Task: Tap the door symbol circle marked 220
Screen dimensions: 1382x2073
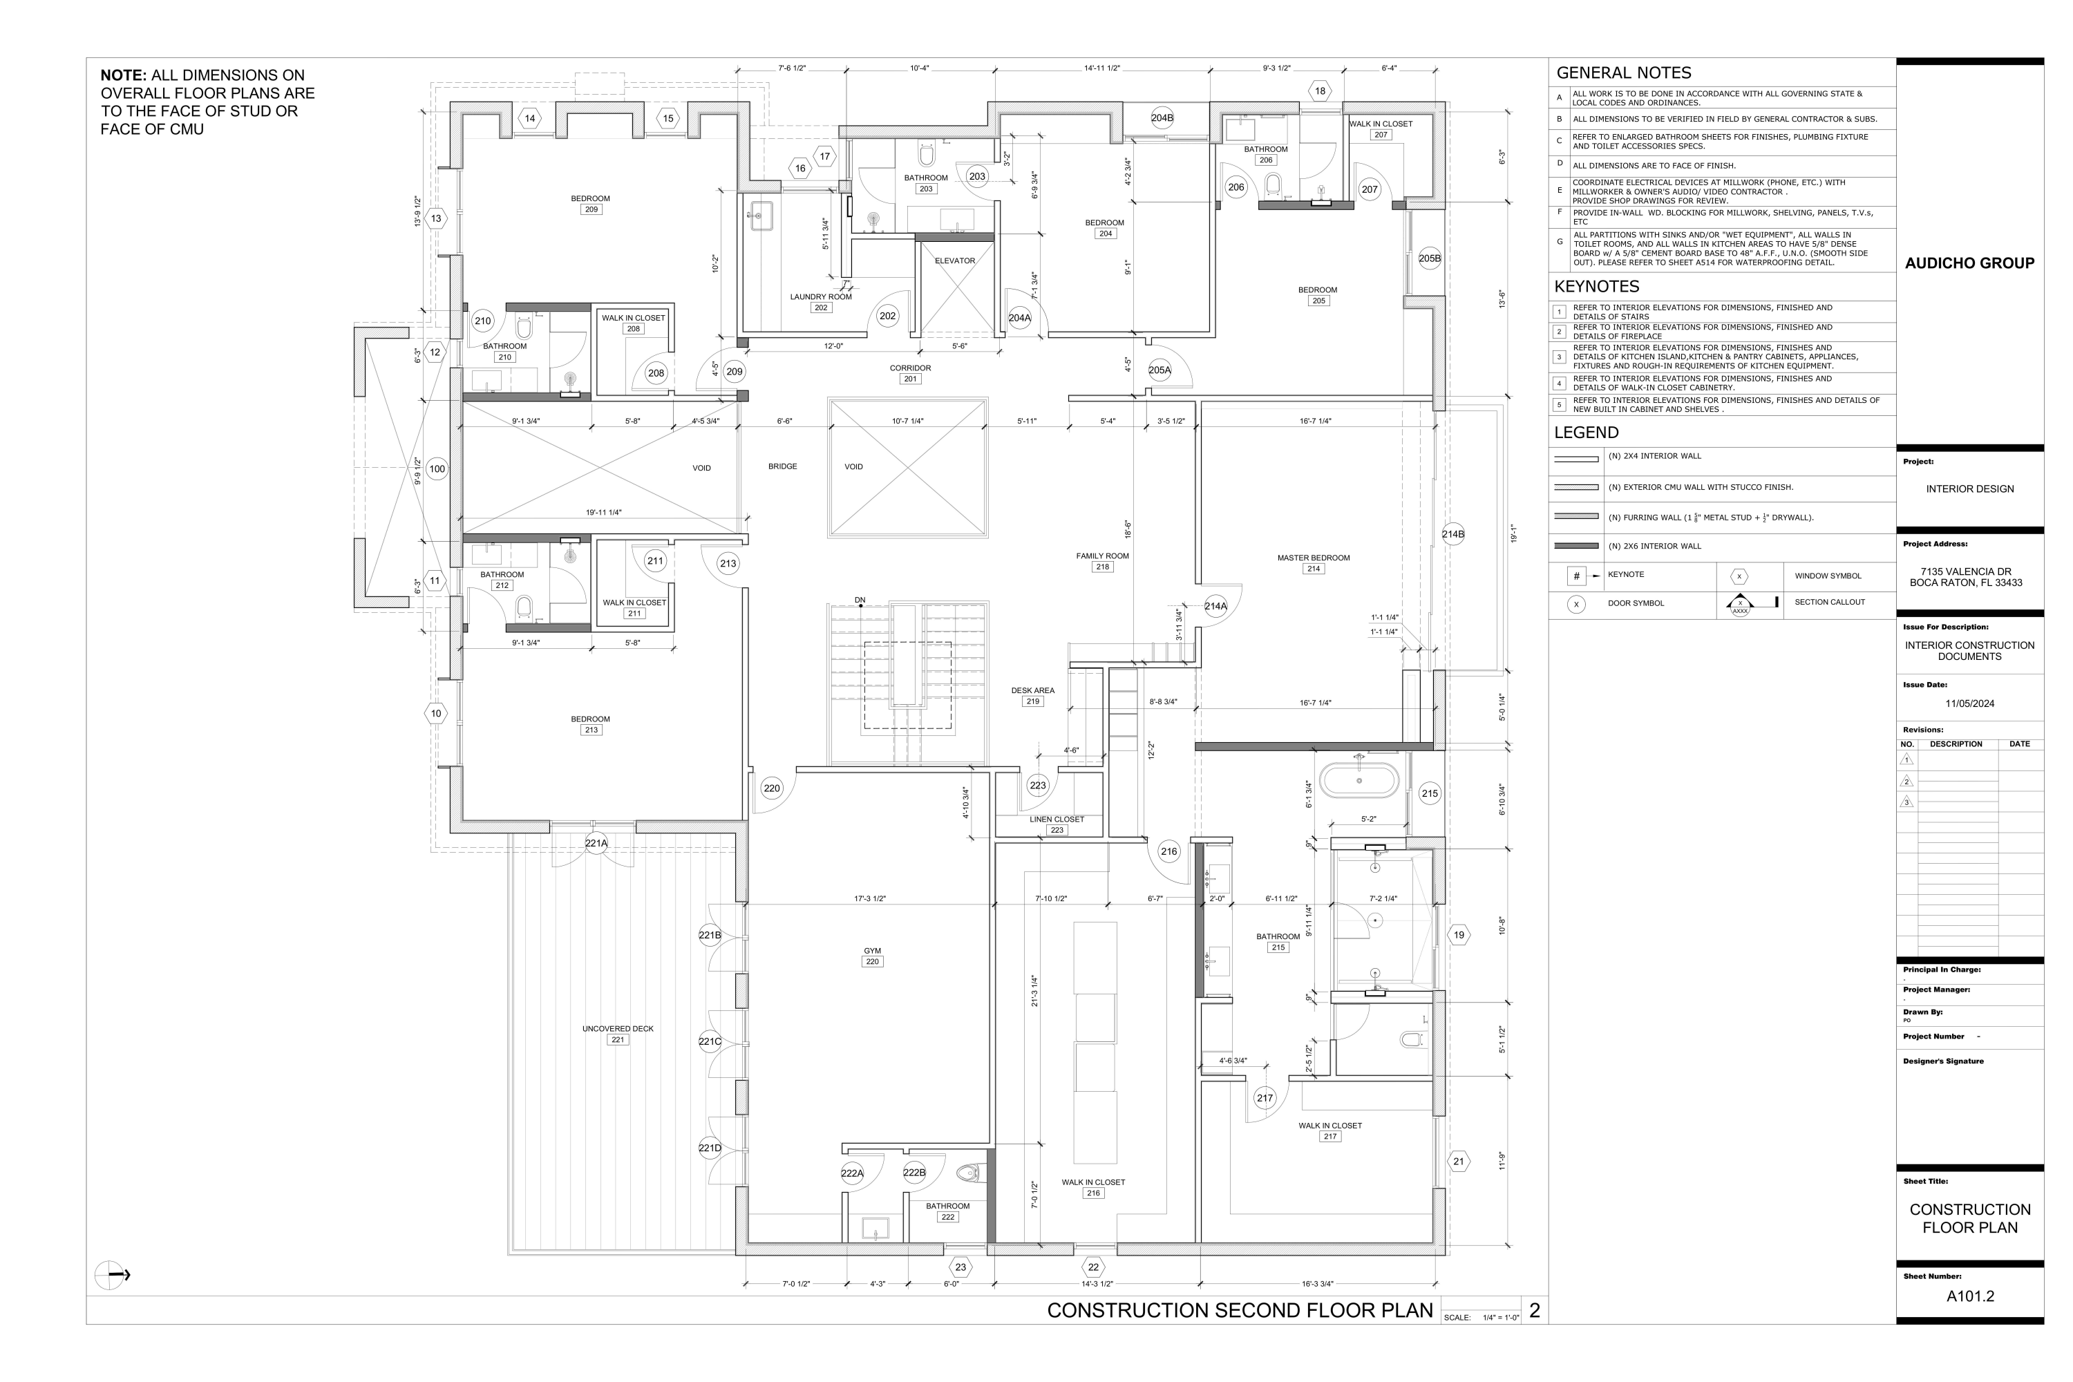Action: click(x=771, y=788)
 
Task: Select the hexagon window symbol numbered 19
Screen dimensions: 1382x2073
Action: click(x=1459, y=935)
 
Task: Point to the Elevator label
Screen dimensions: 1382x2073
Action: click(x=954, y=261)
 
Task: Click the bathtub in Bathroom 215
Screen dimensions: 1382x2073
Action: click(x=1359, y=781)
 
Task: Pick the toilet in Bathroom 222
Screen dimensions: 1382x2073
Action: click(x=969, y=1173)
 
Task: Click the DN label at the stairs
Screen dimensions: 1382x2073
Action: click(x=860, y=600)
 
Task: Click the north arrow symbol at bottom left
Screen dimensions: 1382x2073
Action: click(x=111, y=1274)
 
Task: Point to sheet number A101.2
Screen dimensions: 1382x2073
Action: click(x=1970, y=1296)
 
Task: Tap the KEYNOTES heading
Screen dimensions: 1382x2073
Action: click(x=1596, y=287)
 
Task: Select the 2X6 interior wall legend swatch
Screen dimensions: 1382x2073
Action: click(x=1577, y=546)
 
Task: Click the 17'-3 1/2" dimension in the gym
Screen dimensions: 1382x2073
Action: click(x=869, y=899)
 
